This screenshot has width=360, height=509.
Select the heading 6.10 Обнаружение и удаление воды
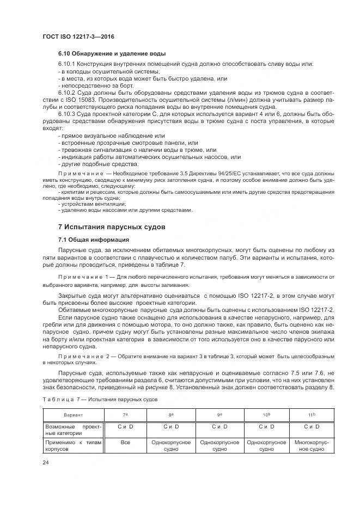pyautogui.click(x=112, y=54)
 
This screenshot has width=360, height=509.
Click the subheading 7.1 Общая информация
pyautogui.click(x=93, y=240)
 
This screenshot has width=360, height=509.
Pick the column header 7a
pyautogui.click(x=125, y=415)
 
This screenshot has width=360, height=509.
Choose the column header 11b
pyautogui.click(x=312, y=415)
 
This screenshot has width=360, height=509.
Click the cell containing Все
pyautogui.click(x=125, y=443)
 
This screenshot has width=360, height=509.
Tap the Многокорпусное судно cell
pyautogui.click(x=312, y=446)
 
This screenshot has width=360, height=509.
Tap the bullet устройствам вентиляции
pyautogui.click(x=87, y=204)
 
